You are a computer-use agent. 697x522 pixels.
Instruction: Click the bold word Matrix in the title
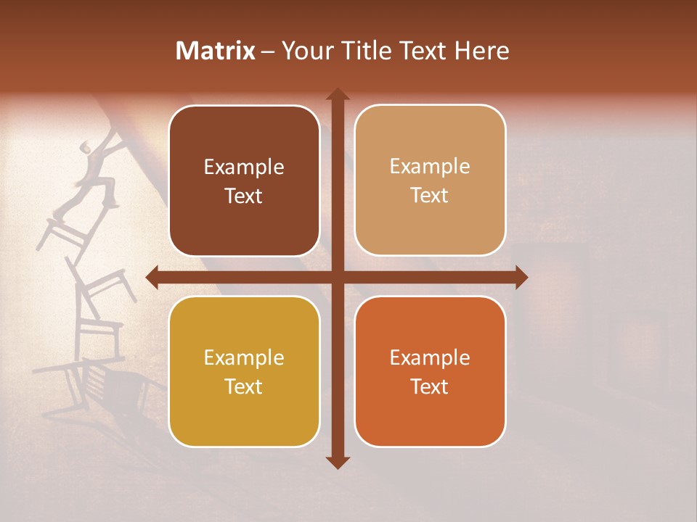point(216,51)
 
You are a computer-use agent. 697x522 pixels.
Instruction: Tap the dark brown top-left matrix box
point(244,181)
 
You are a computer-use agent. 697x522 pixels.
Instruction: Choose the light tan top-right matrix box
point(430,181)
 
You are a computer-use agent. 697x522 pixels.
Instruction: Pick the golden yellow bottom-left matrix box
point(244,371)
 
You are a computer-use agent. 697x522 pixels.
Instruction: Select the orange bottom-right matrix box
point(430,371)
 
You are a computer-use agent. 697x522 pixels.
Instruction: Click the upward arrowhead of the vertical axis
point(337,95)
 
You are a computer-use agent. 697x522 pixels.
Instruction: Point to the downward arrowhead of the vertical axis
point(337,462)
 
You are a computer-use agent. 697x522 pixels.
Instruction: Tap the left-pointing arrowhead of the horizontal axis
point(153,277)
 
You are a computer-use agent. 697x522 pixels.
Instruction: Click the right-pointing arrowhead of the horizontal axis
point(521,277)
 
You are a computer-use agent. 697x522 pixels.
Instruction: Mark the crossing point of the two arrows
point(337,277)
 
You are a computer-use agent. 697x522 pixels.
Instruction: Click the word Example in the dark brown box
point(244,167)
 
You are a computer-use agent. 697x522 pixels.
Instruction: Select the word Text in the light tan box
point(430,196)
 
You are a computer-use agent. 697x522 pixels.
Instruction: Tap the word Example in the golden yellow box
point(244,358)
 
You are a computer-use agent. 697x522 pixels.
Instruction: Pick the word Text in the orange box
point(430,387)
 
